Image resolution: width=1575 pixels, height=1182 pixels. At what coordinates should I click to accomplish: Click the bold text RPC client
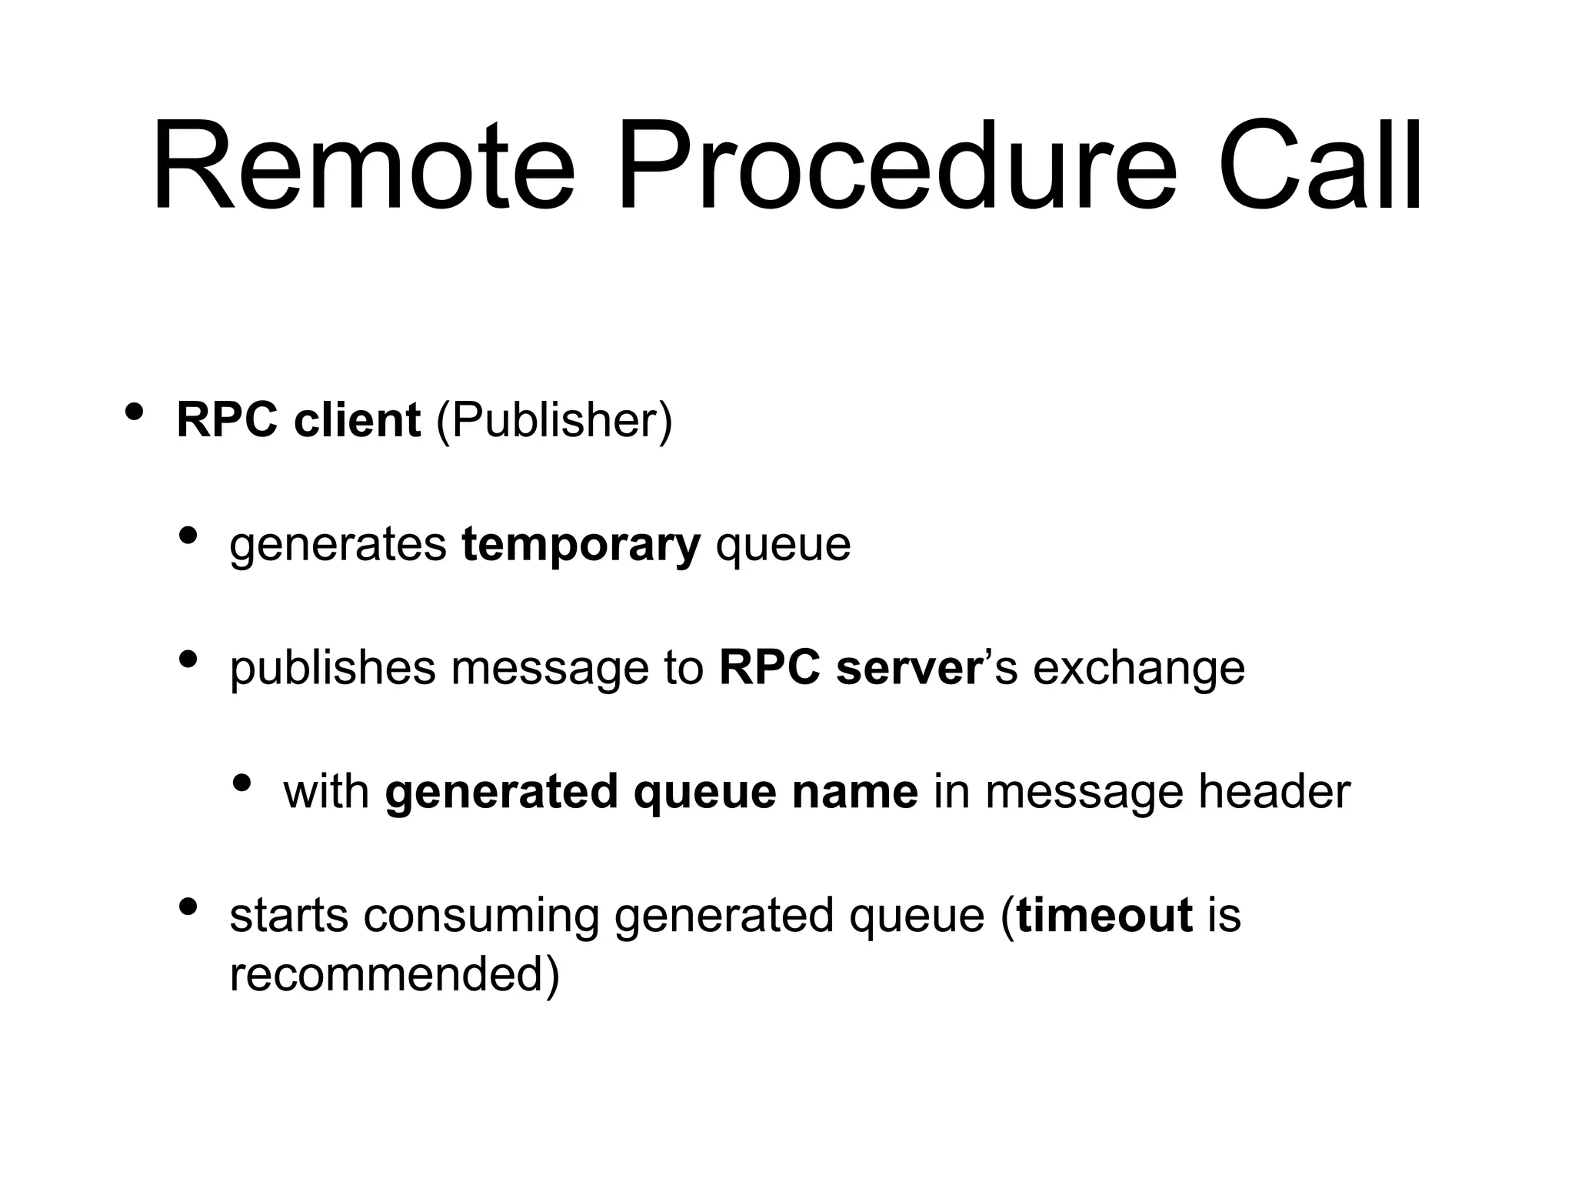pos(298,420)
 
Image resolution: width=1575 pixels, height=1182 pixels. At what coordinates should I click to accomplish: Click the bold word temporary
pos(581,546)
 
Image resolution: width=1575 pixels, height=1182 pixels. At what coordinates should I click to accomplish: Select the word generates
pos(338,546)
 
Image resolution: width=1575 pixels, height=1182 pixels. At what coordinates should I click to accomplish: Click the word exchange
pos(1138,669)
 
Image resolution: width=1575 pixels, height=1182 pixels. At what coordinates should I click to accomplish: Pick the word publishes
pos(332,669)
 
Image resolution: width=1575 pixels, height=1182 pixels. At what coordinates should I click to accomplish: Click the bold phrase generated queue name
pos(651,792)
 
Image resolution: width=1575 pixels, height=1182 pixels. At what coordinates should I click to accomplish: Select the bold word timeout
pos(1104,915)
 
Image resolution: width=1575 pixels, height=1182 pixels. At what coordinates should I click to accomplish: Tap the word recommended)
pos(395,974)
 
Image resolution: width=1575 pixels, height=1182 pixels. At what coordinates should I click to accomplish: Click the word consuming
pos(481,917)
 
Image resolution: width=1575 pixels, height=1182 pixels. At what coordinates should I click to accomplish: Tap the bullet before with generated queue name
pos(241,783)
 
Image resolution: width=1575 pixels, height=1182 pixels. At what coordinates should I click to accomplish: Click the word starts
pos(288,915)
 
